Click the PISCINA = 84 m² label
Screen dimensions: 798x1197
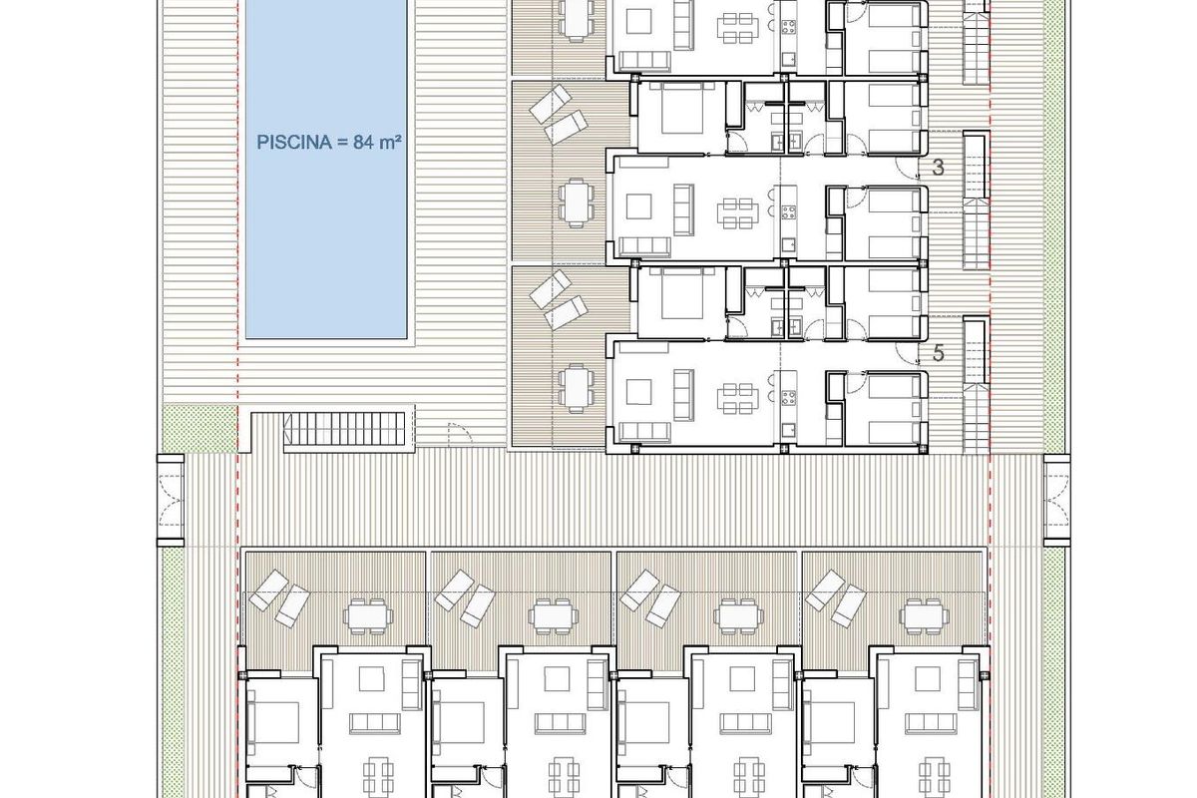[329, 142]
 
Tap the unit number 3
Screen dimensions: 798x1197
[938, 168]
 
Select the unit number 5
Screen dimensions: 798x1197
[938, 352]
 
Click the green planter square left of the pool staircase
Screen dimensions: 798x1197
[199, 430]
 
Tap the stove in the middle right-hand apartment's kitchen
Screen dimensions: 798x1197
[787, 211]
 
